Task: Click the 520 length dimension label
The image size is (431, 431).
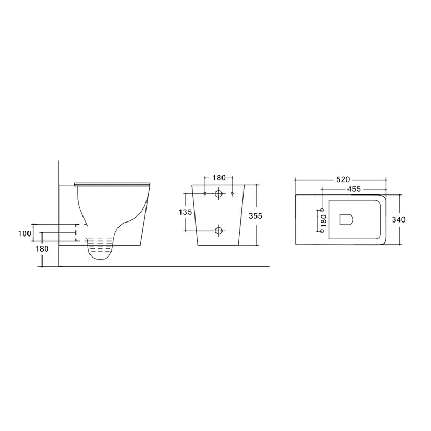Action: (343, 179)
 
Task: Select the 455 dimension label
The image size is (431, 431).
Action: (354, 189)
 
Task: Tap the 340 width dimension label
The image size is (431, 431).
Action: (399, 219)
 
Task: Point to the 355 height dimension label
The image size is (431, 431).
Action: (255, 216)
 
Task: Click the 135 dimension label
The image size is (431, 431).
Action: (185, 212)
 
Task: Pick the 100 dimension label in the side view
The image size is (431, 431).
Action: (25, 233)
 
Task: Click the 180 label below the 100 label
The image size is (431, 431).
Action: (42, 248)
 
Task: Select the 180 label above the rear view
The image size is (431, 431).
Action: (219, 178)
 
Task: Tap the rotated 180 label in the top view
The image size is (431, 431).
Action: (324, 220)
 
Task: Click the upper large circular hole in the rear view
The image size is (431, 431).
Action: (219, 194)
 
